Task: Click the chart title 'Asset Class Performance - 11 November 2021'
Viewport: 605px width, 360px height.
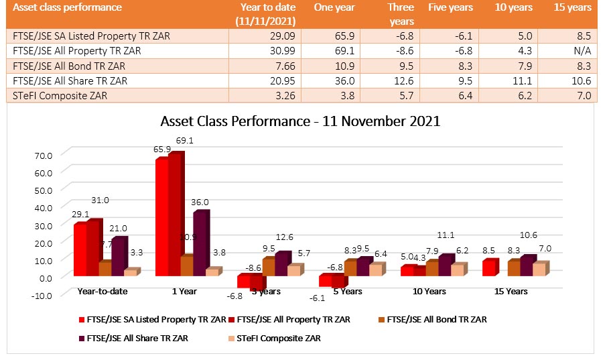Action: (300, 121)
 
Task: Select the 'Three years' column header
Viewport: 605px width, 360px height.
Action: (401, 14)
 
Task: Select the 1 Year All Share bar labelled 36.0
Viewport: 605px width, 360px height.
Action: (200, 245)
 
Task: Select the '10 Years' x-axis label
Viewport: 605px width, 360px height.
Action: (428, 292)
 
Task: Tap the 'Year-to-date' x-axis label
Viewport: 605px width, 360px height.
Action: (103, 292)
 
